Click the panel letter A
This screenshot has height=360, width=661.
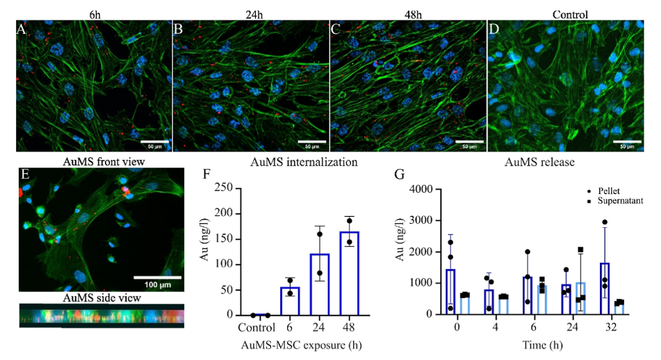22,29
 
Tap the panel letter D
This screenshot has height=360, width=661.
494,29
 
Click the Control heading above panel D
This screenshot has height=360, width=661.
570,13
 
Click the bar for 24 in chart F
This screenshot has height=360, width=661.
320,284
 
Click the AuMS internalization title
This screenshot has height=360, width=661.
304,163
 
